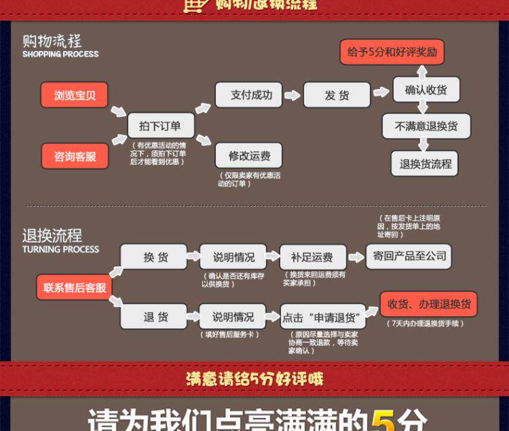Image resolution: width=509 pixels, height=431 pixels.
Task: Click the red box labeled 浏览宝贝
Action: click(x=75, y=96)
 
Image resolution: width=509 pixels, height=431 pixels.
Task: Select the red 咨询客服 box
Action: click(x=75, y=156)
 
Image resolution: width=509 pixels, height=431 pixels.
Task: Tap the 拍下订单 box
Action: click(x=160, y=126)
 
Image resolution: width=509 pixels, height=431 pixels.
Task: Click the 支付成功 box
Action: click(x=248, y=95)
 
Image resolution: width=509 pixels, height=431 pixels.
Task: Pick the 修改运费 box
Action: click(x=248, y=156)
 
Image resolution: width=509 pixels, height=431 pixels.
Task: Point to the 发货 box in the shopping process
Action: click(x=337, y=95)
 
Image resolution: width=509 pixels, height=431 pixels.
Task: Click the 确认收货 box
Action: click(x=426, y=90)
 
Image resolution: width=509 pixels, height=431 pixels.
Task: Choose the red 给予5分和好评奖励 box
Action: click(x=392, y=52)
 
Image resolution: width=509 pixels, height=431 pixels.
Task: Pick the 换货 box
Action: click(x=155, y=257)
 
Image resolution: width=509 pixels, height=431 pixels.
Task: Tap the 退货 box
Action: click(x=155, y=317)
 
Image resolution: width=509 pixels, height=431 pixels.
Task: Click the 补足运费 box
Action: click(x=312, y=257)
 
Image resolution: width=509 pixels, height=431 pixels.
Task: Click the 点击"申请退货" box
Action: click(x=322, y=317)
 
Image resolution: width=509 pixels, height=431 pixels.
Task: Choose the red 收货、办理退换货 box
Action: click(x=428, y=305)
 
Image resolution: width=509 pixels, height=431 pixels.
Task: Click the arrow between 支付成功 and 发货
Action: click(x=292, y=95)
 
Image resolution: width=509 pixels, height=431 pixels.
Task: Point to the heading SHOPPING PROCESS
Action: click(x=60, y=54)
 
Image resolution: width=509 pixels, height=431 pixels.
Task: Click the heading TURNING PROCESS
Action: click(x=60, y=249)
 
